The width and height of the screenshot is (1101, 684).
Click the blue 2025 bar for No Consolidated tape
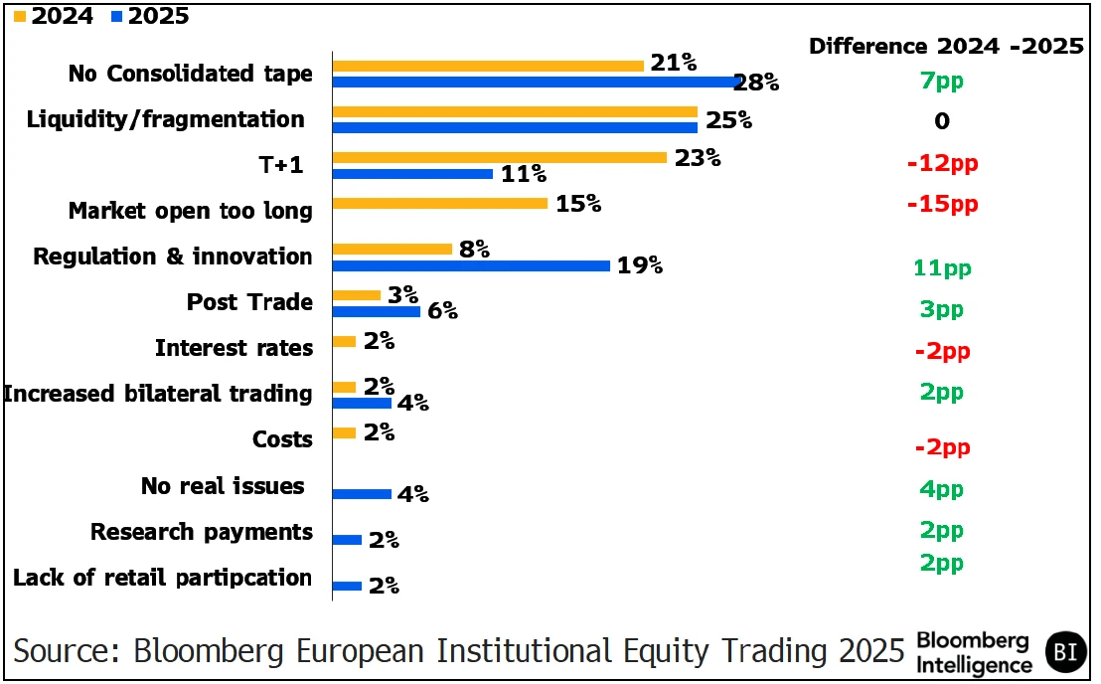[x=537, y=82]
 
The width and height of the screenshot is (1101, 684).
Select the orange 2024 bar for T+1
[x=499, y=157]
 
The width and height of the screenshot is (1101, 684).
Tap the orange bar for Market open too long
[x=439, y=203]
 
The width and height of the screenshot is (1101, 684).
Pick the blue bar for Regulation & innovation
[x=471, y=265]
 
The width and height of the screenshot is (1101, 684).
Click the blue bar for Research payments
[x=347, y=540]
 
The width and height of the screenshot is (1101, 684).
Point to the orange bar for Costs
[x=344, y=432]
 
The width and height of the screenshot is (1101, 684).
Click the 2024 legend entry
[x=55, y=15]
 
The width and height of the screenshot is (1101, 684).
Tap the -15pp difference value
[x=942, y=204]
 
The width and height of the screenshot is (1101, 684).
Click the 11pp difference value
[x=942, y=267]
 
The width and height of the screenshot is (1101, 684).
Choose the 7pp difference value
[x=942, y=82]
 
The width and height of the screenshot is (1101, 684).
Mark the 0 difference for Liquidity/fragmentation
[x=942, y=121]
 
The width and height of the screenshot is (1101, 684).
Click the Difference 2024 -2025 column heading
[x=946, y=47]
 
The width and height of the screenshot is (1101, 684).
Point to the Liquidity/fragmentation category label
[x=165, y=119]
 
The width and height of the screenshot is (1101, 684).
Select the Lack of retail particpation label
[x=162, y=578]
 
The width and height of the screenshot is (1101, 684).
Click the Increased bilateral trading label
[x=158, y=394]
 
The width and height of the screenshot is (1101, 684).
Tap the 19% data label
[x=639, y=265]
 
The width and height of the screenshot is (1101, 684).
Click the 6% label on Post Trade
[x=442, y=311]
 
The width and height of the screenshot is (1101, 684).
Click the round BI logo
[x=1066, y=652]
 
